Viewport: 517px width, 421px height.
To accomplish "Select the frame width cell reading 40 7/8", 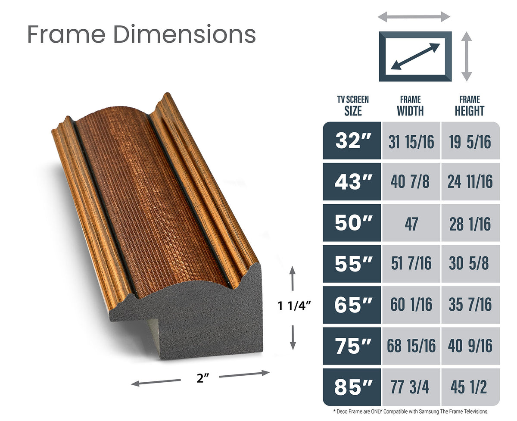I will coord(411,182).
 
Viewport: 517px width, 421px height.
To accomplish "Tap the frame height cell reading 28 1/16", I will coord(470,223).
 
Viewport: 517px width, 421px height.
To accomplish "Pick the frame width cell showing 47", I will coord(411,223).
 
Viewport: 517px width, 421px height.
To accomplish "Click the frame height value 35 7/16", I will coord(470,305).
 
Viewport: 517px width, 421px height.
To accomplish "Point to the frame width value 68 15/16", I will coord(411,346).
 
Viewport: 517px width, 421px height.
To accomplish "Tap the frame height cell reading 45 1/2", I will coord(470,387).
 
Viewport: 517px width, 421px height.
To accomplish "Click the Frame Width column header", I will coord(410,106).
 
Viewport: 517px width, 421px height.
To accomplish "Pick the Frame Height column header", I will coord(469,106).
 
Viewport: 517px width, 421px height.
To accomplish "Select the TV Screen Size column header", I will coord(352,106).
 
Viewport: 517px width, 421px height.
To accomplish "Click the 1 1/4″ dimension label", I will coord(294,306).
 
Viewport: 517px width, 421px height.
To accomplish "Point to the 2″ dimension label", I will coord(200,378).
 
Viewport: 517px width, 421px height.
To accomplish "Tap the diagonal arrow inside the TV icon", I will coord(415,56).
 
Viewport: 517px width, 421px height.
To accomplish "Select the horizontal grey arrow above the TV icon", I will coord(414,17).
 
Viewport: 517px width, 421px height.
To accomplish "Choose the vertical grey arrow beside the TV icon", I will coord(466,56).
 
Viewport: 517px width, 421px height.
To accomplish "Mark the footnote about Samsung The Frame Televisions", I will coord(411,412).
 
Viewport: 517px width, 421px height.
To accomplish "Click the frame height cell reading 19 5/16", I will coord(470,141).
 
